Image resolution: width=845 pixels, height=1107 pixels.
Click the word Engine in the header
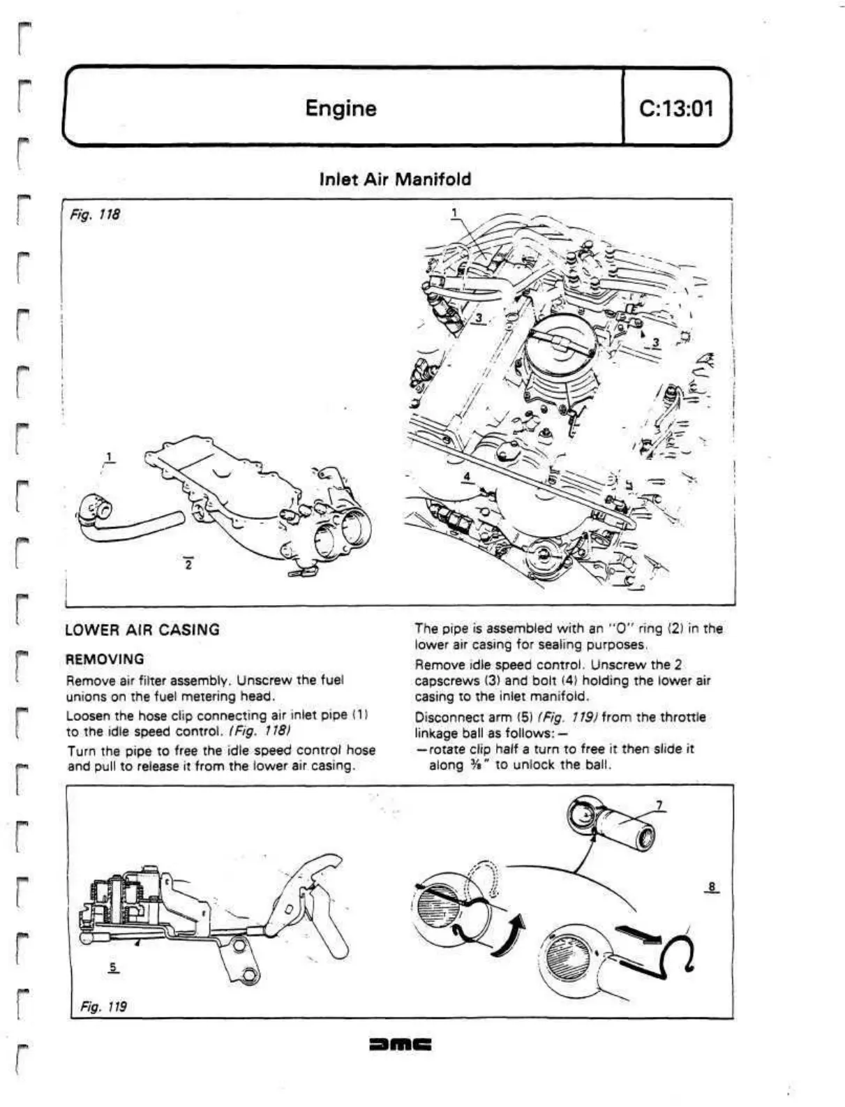pos(341,108)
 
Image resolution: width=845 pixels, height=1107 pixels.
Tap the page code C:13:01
pos(675,108)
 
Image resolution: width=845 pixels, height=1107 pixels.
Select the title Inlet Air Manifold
pos(395,179)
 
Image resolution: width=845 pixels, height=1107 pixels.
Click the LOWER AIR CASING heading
pos(142,630)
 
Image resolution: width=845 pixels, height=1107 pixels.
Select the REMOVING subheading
pos(105,659)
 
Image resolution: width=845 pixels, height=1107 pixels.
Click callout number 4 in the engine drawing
pos(468,477)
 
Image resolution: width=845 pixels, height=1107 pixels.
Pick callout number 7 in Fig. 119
pos(659,805)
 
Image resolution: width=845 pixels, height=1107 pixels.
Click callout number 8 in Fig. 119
pos(711,887)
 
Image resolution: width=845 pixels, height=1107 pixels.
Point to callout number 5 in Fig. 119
pos(113,967)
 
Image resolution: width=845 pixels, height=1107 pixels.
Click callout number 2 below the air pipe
pos(188,564)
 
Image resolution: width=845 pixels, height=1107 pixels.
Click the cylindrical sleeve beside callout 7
pos(625,828)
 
